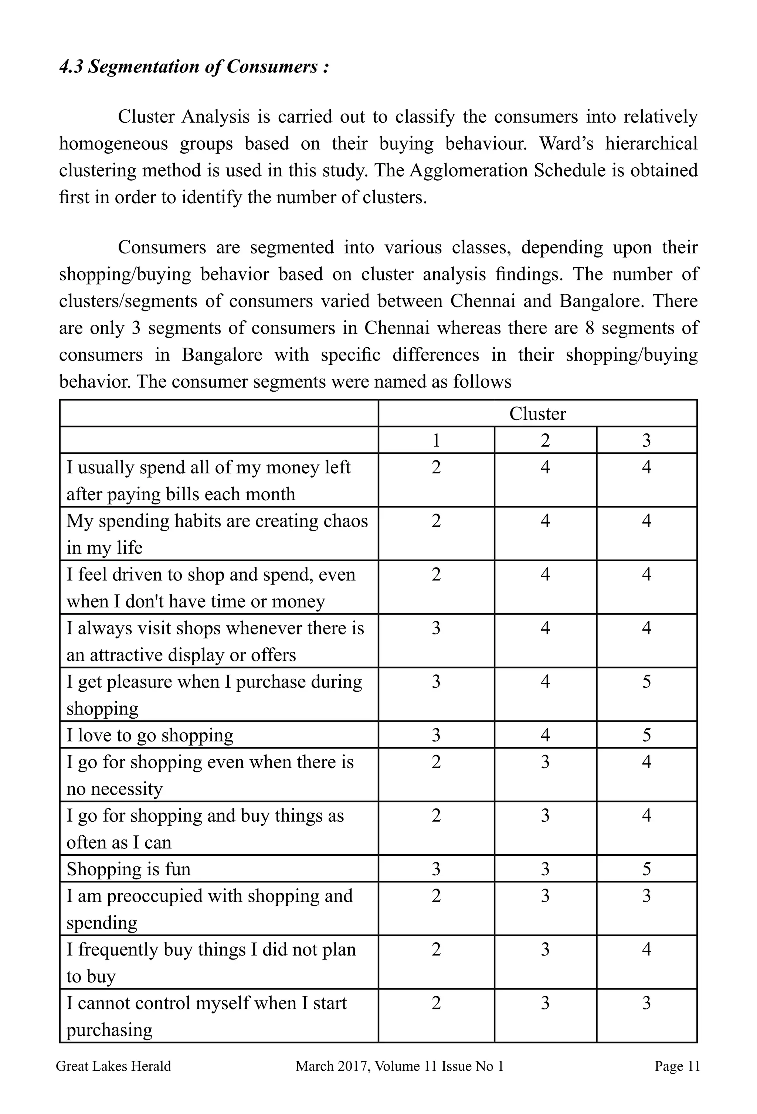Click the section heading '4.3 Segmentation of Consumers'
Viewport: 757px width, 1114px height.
[x=194, y=67]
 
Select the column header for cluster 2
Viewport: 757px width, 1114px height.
[x=545, y=440]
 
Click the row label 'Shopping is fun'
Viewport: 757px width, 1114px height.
[x=129, y=869]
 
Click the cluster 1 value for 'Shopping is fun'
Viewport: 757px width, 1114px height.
[x=435, y=869]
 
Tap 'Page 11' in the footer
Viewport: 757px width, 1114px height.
[x=677, y=1066]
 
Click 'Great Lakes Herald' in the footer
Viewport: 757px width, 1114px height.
[x=113, y=1066]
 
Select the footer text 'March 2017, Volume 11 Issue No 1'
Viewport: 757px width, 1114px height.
[x=399, y=1066]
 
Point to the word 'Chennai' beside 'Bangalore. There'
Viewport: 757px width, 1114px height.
[x=482, y=301]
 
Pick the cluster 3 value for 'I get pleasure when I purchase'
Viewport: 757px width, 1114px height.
[x=646, y=682]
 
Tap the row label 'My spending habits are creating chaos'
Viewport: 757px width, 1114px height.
[x=217, y=521]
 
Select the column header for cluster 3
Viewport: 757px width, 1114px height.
[x=646, y=440]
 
